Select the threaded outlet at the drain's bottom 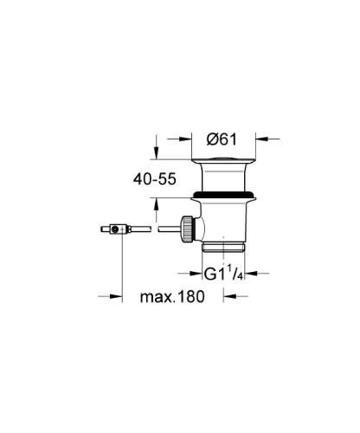(x=224, y=246)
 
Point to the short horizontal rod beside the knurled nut (x=168, y=229)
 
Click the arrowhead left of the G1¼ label (x=196, y=275)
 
